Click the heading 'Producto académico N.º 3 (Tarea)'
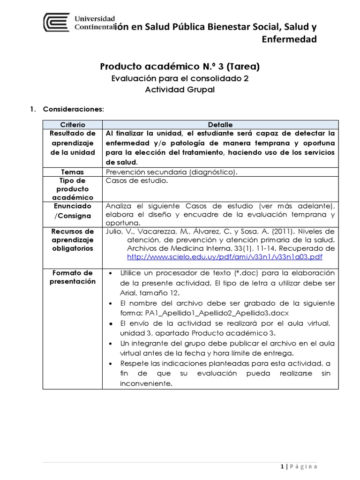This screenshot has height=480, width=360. (x=180, y=67)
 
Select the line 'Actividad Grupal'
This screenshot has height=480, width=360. (x=180, y=90)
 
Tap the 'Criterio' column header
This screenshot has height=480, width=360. (x=73, y=125)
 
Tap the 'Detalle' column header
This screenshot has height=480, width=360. (x=220, y=125)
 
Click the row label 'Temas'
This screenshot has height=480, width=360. (x=73, y=172)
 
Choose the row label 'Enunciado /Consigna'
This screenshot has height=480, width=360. (x=73, y=210)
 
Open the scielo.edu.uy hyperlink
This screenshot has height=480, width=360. (x=225, y=257)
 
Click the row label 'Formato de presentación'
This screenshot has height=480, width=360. (x=73, y=277)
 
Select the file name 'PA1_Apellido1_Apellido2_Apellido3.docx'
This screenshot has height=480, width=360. (x=210, y=313)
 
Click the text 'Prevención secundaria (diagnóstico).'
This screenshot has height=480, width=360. (x=172, y=172)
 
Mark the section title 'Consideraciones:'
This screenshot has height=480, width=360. (x=73, y=109)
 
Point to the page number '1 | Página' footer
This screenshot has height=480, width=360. (x=299, y=466)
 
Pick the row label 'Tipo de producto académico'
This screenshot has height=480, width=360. (x=73, y=189)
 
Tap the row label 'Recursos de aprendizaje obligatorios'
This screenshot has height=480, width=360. (x=73, y=240)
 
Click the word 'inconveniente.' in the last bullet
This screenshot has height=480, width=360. (x=140, y=383)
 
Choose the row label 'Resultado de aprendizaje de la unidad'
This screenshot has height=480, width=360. (x=73, y=142)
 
